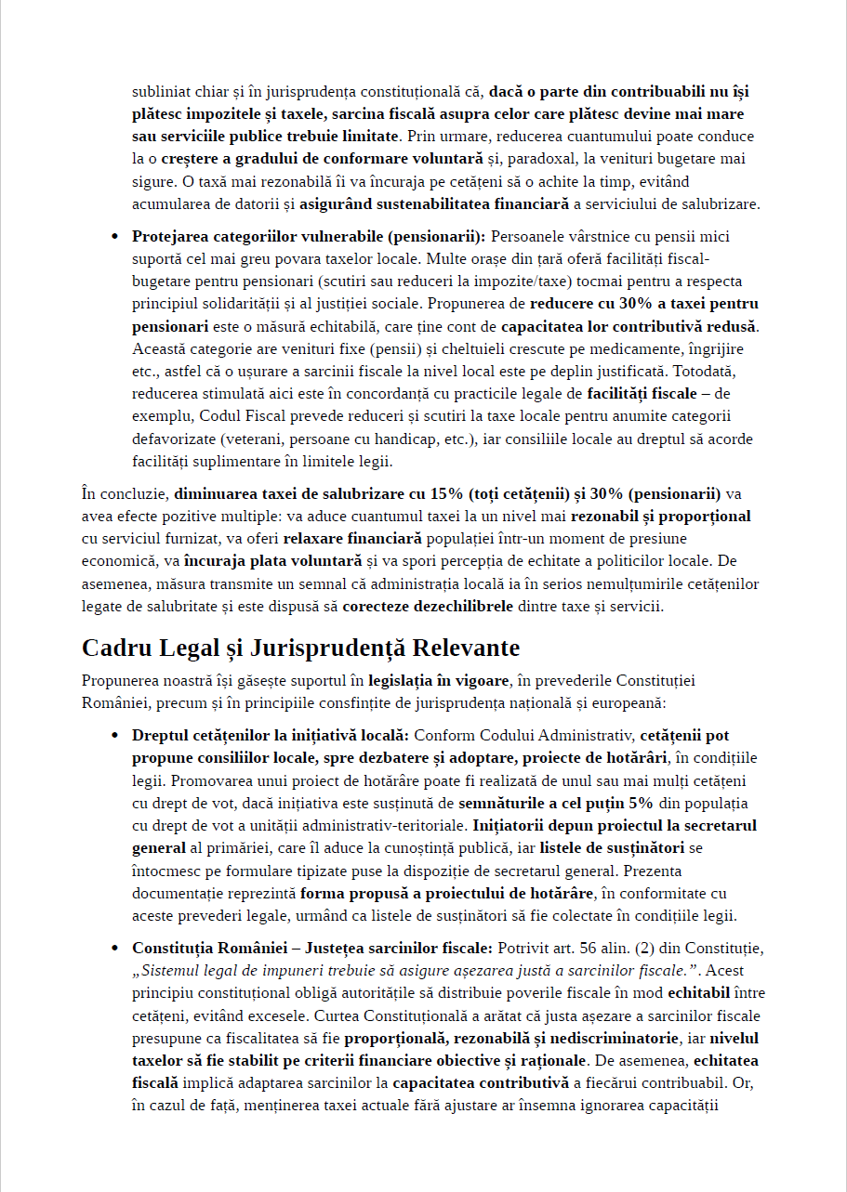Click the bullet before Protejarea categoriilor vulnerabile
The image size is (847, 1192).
(114, 237)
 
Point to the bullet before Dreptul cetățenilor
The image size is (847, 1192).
(114, 736)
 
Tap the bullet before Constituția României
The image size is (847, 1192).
(114, 949)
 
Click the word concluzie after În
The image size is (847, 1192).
(133, 493)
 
